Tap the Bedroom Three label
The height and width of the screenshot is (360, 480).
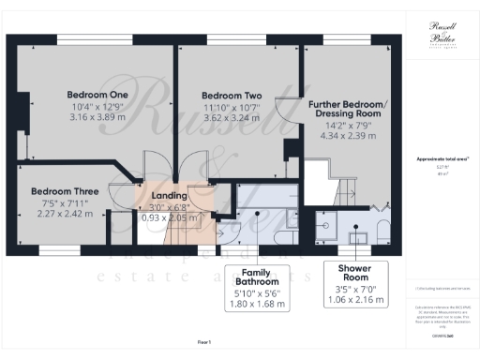point(61,189)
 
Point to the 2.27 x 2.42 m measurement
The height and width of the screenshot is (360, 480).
point(61,214)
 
